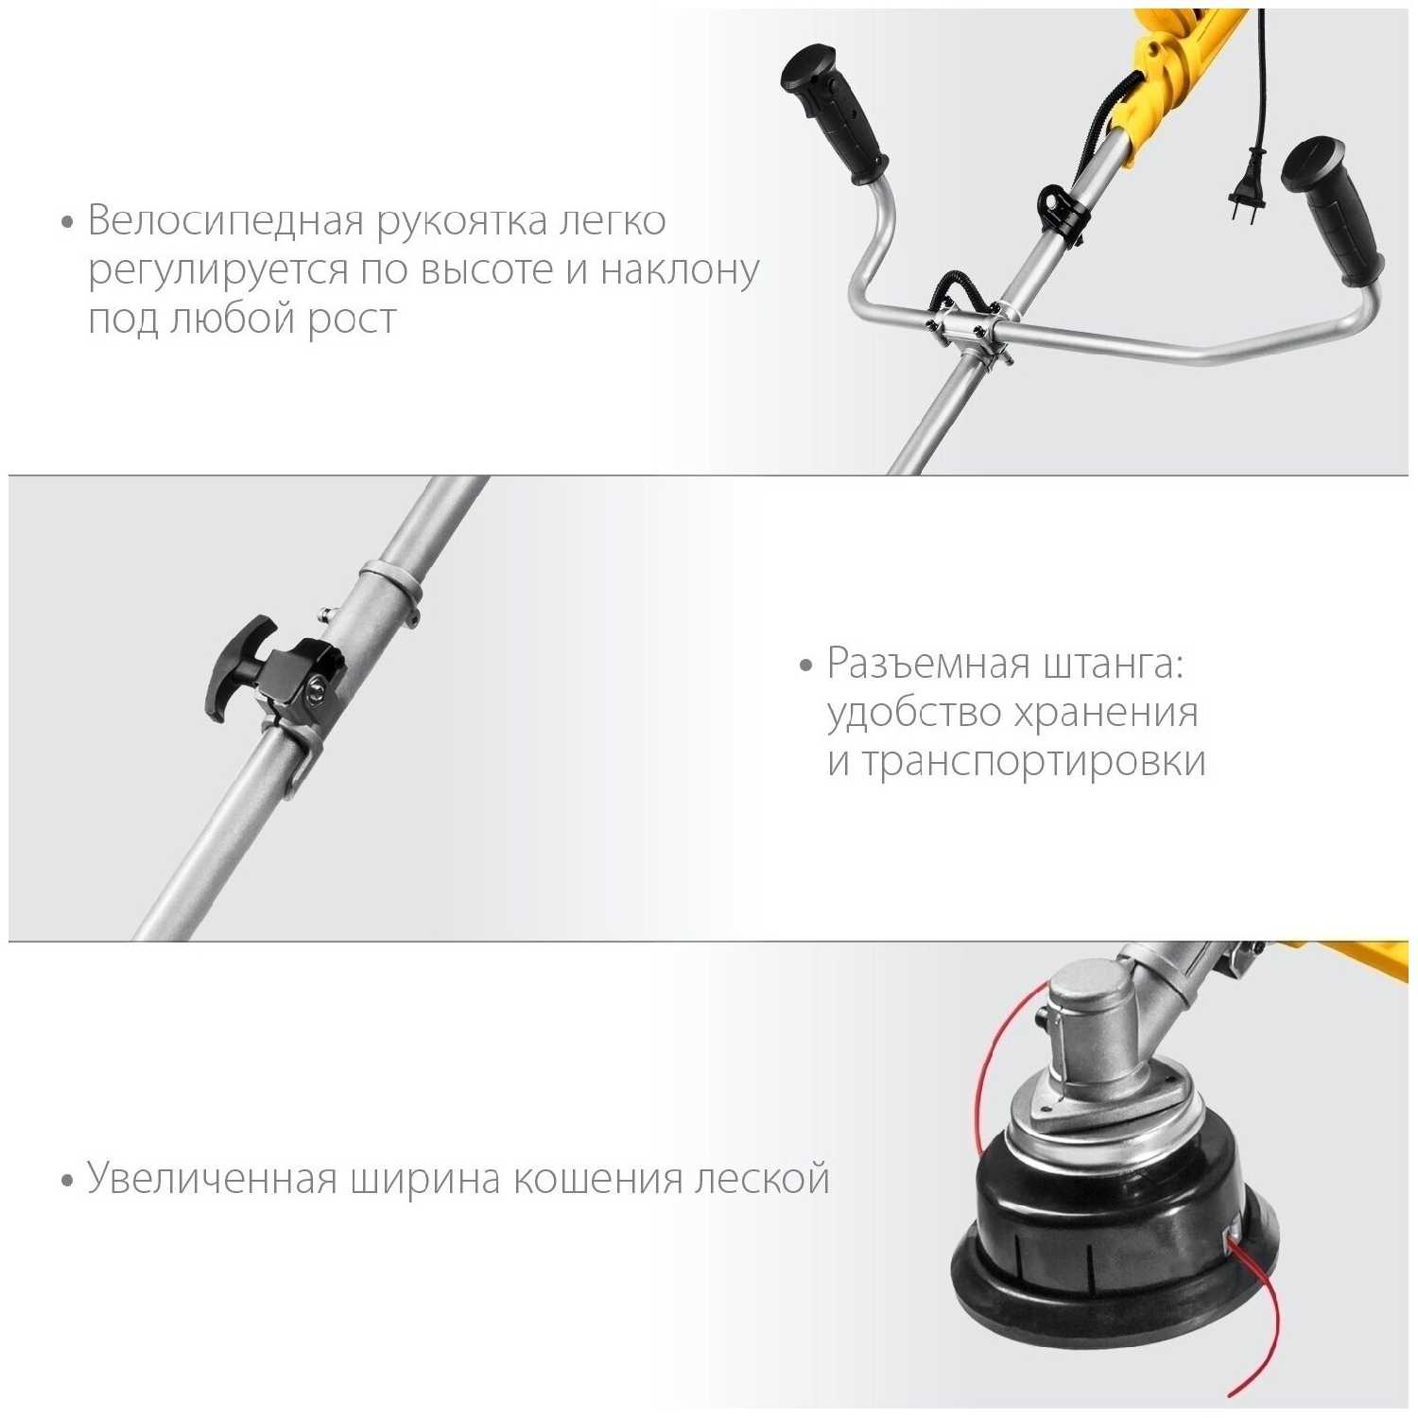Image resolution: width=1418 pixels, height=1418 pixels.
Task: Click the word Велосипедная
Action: pos(226,221)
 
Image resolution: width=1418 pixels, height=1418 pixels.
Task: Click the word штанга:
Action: pos(1114,666)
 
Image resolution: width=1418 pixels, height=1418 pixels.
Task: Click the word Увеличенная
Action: pos(213,1180)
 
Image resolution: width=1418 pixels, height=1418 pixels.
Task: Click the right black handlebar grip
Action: pos(1333,212)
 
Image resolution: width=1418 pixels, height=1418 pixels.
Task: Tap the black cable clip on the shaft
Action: pos(1060,208)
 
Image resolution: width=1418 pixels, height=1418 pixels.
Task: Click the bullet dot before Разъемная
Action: pos(805,666)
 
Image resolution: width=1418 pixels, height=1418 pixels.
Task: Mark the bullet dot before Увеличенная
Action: pos(66,1182)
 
